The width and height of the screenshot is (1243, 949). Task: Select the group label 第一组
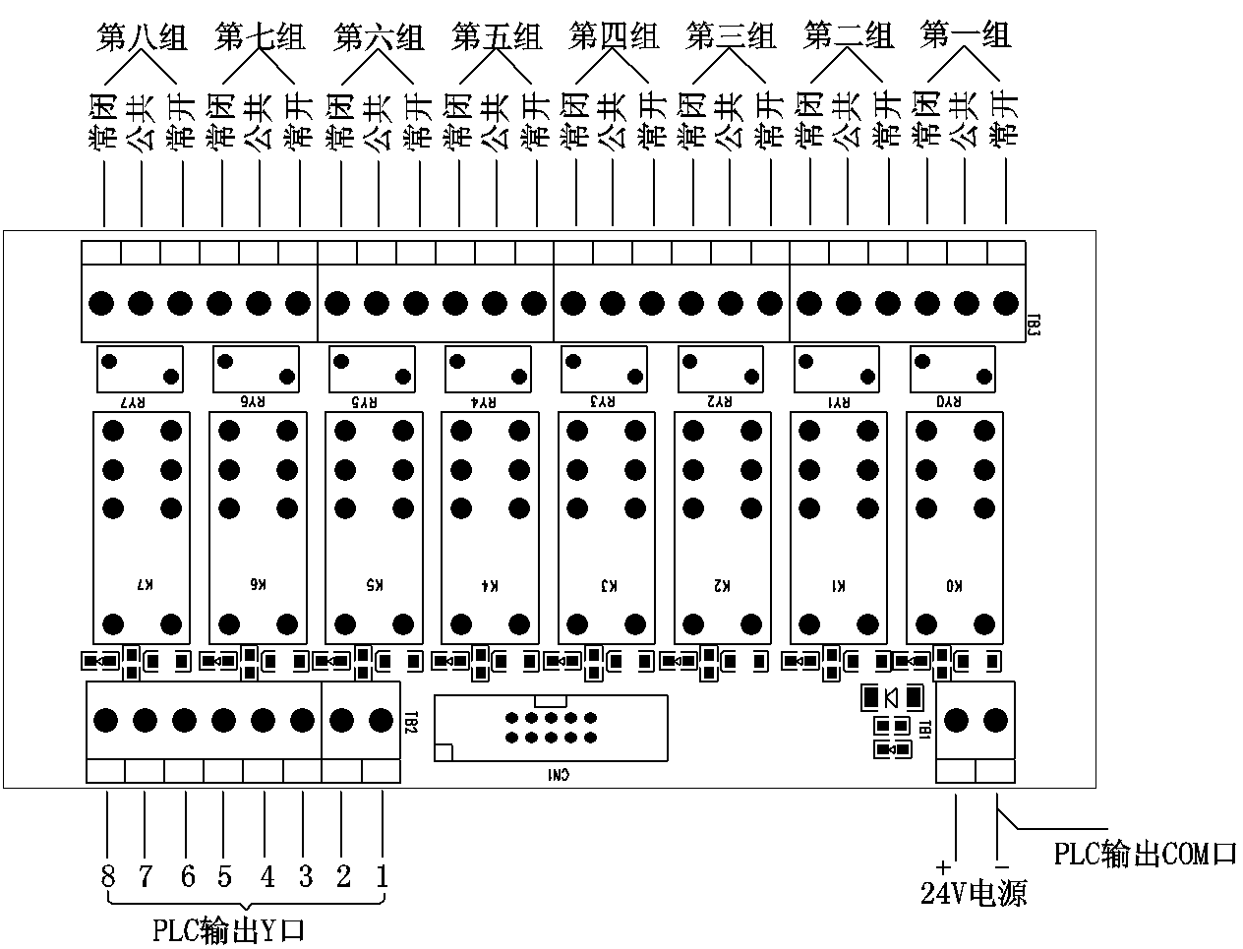pyautogui.click(x=966, y=36)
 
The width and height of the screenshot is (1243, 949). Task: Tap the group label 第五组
pyautogui.click(x=497, y=37)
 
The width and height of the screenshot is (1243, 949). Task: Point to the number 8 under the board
pyautogui.click(x=107, y=875)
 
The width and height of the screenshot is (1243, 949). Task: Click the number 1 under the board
pyautogui.click(x=382, y=875)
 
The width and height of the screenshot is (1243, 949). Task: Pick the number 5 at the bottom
pyautogui.click(x=225, y=875)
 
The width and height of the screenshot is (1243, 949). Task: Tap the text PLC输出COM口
pyautogui.click(x=1145, y=852)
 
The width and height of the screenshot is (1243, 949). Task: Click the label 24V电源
pyautogui.click(x=974, y=893)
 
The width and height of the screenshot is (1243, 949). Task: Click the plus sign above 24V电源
pyautogui.click(x=943, y=866)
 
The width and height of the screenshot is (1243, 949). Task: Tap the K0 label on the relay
pyautogui.click(x=954, y=585)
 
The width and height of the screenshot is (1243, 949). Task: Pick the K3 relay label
pyautogui.click(x=608, y=585)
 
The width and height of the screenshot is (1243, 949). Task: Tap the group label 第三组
pyautogui.click(x=731, y=37)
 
